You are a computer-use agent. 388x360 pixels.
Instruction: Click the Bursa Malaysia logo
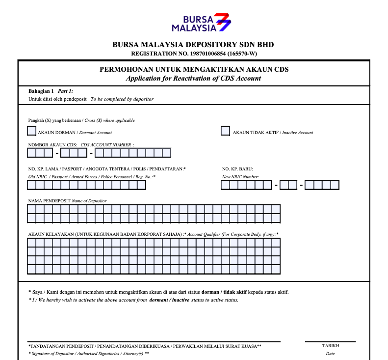point(201,23)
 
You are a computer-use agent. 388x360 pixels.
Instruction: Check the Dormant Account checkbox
point(32,131)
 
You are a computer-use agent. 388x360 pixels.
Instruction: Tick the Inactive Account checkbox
point(226,131)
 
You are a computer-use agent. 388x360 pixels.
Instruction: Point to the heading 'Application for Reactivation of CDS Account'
point(193,79)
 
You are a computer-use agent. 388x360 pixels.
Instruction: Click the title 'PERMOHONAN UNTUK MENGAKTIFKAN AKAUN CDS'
point(194,70)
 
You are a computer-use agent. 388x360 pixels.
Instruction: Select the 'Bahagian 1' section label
point(41,91)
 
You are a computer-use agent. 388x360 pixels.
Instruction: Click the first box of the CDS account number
point(31,153)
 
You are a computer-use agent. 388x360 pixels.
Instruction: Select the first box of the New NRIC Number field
point(225,185)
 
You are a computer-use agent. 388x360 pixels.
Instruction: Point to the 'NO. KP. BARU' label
point(237,169)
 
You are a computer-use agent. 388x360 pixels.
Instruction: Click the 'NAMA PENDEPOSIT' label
point(50,201)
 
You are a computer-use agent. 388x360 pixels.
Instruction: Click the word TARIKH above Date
point(330,346)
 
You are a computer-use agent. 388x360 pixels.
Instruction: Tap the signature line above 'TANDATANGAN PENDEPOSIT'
point(154,341)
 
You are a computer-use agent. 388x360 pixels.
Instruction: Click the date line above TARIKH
point(330,341)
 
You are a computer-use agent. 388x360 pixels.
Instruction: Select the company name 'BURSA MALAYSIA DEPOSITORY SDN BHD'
point(193,45)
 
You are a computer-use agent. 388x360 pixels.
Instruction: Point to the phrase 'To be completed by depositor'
point(122,99)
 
